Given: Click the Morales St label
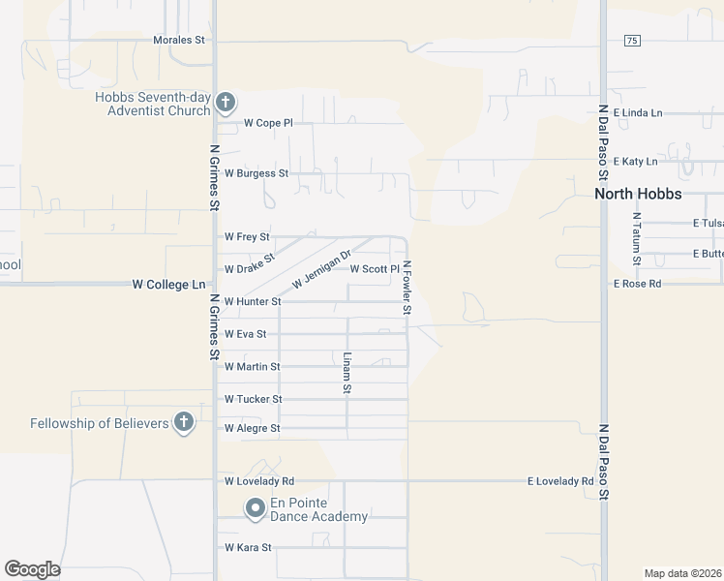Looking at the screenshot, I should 180,41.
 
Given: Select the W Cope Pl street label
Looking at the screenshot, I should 267,123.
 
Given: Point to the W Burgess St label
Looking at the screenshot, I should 256,173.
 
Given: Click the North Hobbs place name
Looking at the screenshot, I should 638,194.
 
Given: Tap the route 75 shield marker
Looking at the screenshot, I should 632,40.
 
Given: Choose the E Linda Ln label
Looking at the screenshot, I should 637,113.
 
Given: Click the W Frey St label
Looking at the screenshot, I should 247,236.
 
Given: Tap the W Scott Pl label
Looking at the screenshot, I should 374,269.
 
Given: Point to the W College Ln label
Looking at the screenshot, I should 169,285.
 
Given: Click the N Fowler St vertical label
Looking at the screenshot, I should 407,288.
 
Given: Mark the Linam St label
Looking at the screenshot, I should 347,373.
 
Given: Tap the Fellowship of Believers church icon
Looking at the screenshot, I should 183,421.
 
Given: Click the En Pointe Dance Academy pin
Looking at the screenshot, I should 255,507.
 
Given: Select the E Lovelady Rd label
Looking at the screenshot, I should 559,481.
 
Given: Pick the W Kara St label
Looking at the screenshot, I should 248,547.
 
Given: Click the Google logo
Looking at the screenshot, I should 32,569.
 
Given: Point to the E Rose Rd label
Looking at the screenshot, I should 637,284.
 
